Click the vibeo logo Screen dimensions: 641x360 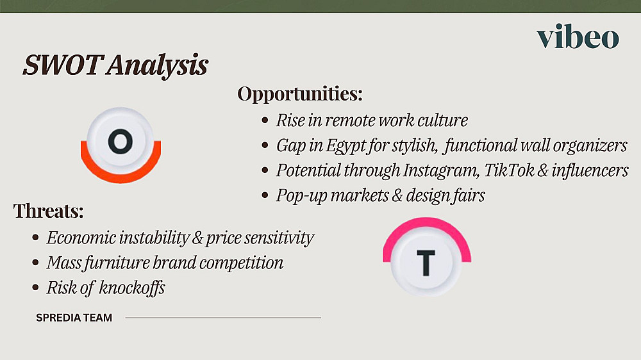pyautogui.click(x=578, y=37)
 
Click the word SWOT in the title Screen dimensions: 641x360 pyautogui.click(x=63, y=65)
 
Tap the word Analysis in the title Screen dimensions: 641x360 pyautogui.click(x=158, y=65)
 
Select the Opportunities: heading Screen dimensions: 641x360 pyautogui.click(x=299, y=94)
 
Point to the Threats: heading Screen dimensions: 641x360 pyautogui.click(x=48, y=211)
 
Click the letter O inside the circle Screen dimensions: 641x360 pyautogui.click(x=121, y=142)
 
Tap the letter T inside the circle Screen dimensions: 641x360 pyautogui.click(x=426, y=263)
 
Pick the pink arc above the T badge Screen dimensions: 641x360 pyautogui.click(x=426, y=225)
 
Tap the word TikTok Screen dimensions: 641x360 pyautogui.click(x=508, y=170)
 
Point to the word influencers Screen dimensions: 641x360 pyautogui.click(x=590, y=170)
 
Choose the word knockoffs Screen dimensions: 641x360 pyautogui.click(x=132, y=288)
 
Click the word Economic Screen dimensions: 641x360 pyautogui.click(x=81, y=238)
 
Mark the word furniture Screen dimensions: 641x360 pyautogui.click(x=117, y=263)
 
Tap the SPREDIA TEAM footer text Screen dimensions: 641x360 pyautogui.click(x=74, y=318)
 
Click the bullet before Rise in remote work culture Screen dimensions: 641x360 pyautogui.click(x=265, y=120)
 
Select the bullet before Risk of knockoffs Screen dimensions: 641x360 pyautogui.click(x=35, y=288)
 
